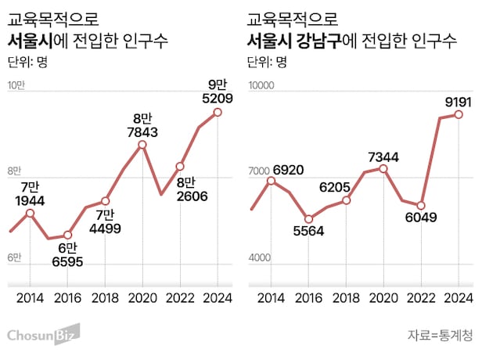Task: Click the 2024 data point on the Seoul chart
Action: pos(218,112)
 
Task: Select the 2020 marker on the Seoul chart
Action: pos(142,144)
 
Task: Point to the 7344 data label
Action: pos(383,157)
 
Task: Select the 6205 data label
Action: pos(346,187)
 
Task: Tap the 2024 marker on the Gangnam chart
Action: pos(459,114)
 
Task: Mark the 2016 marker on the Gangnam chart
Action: pos(308,219)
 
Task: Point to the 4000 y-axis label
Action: pos(259,259)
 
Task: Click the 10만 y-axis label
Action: pos(17,86)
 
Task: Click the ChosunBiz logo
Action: pos(43,335)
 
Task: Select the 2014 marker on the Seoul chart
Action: pos(30,213)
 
